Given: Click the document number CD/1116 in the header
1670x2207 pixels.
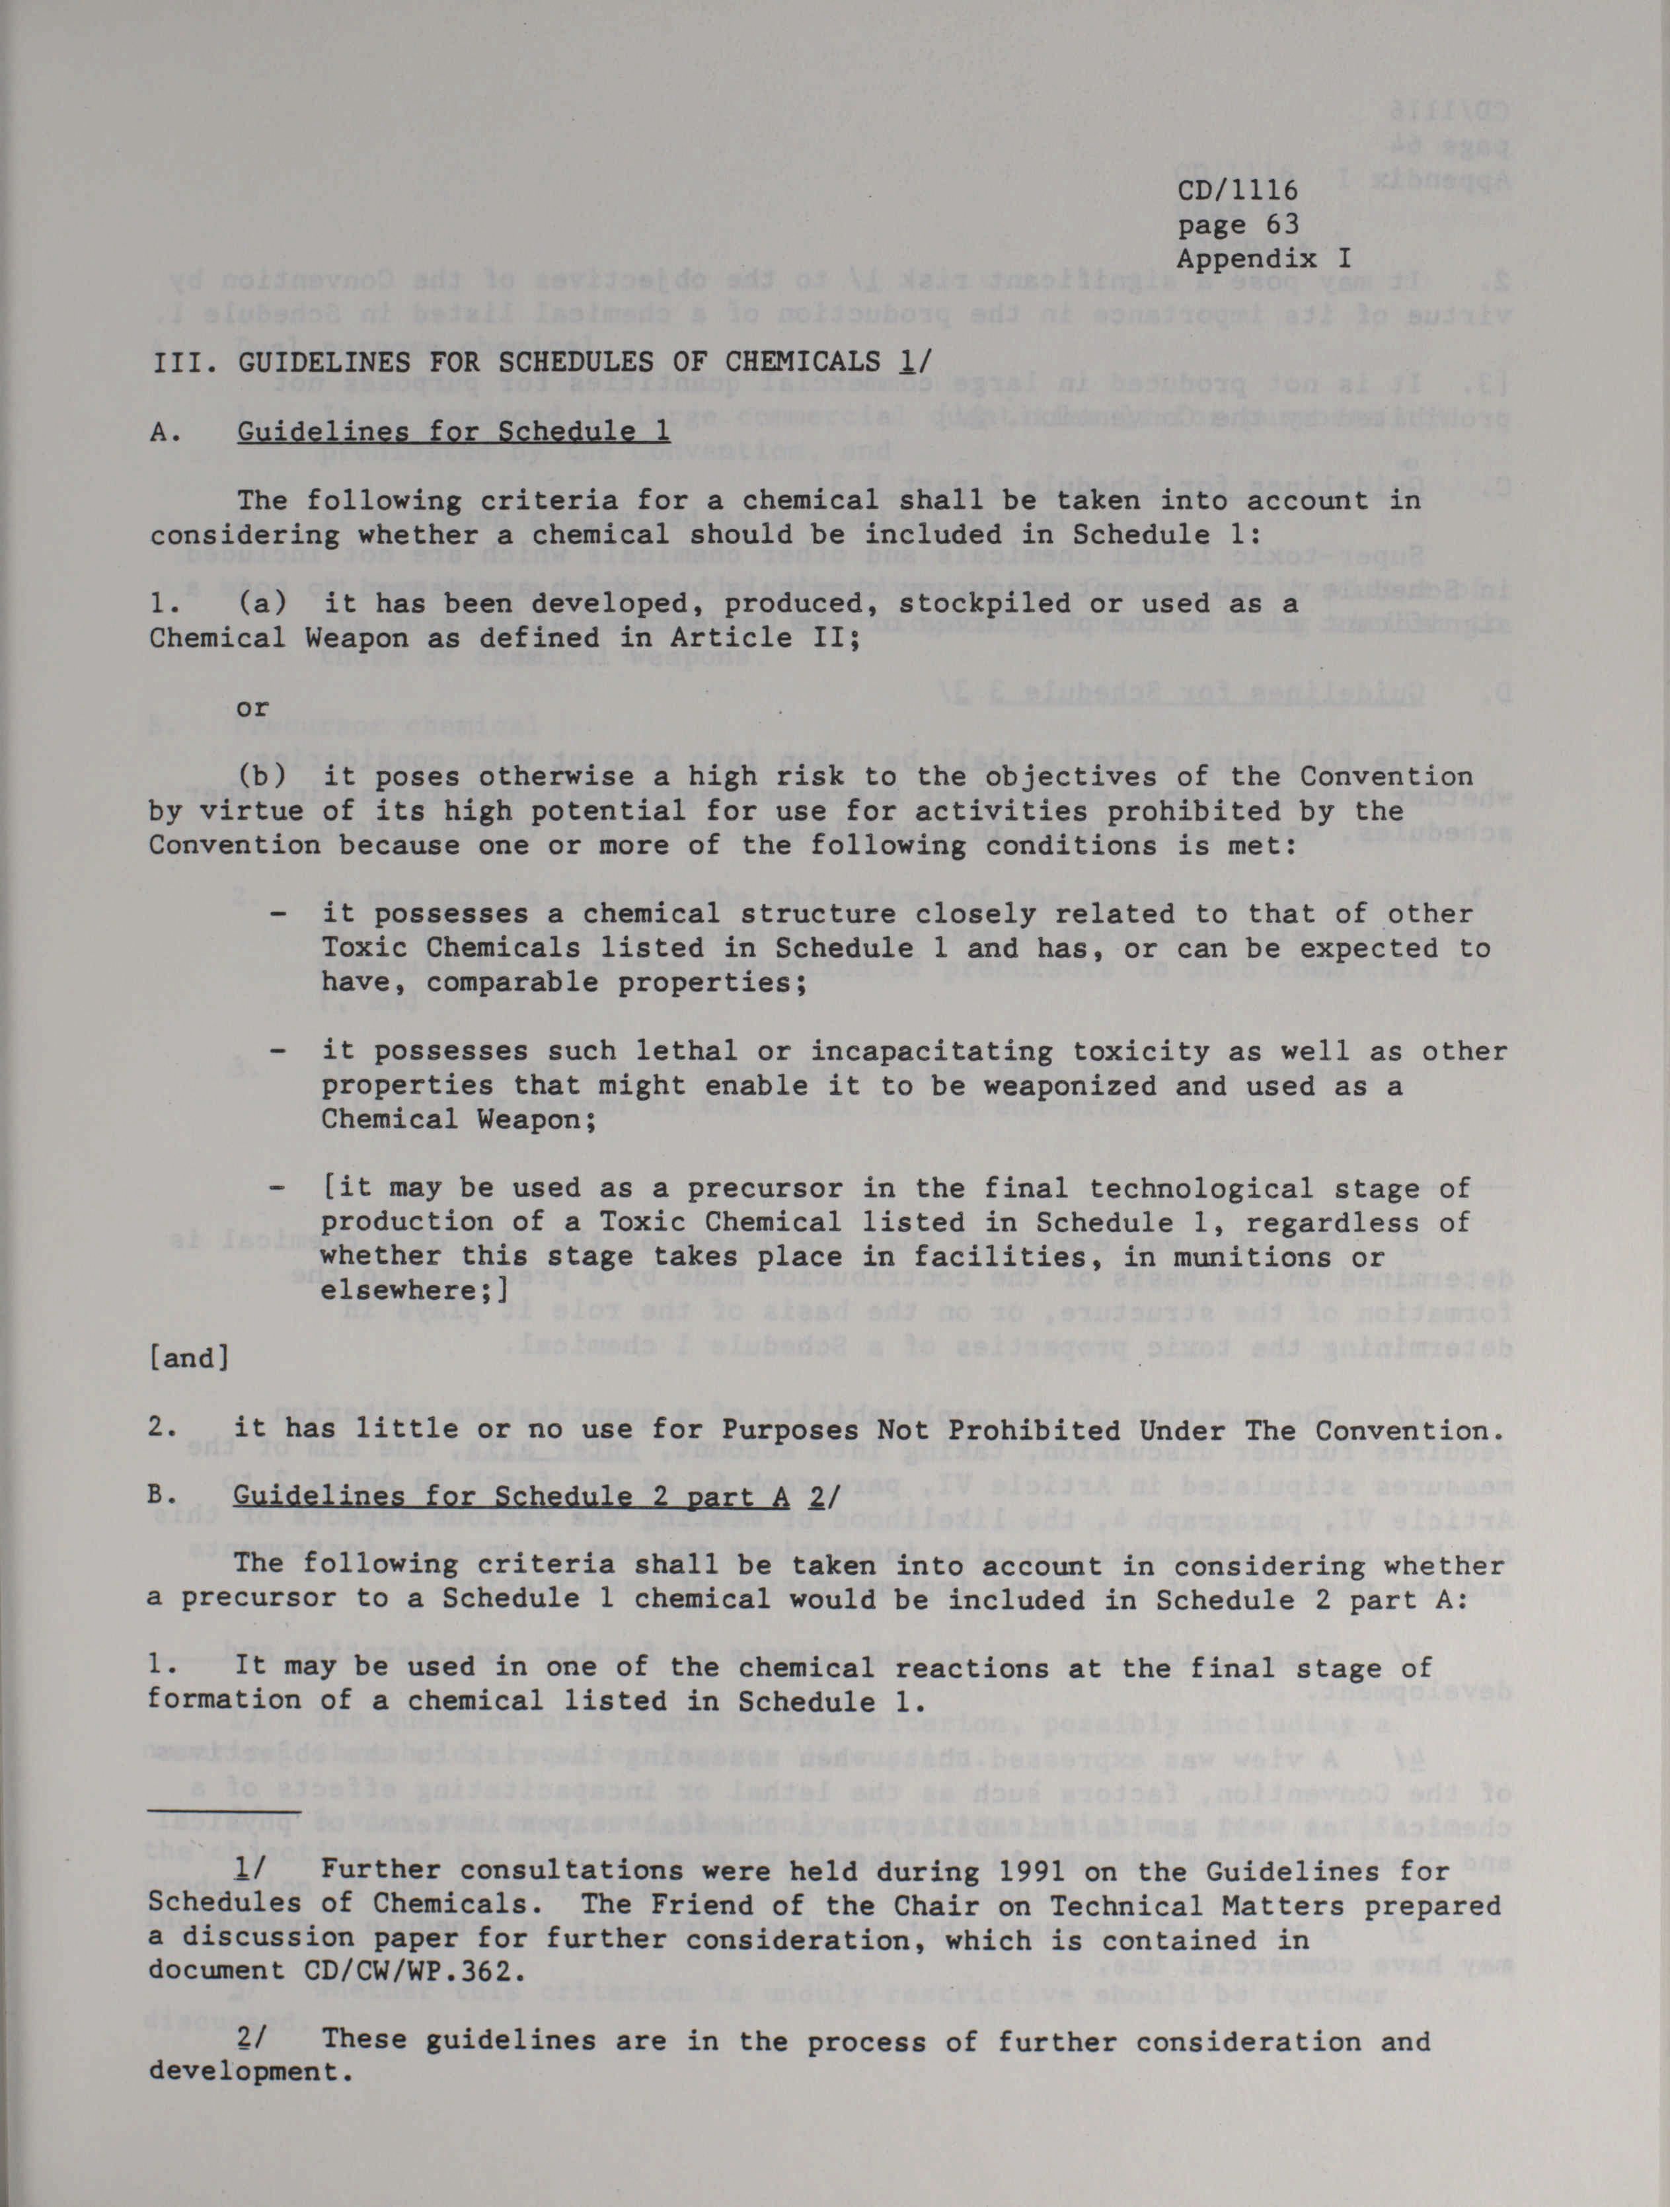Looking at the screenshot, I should pos(1237,190).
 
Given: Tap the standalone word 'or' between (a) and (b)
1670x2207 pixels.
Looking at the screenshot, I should pos(252,707).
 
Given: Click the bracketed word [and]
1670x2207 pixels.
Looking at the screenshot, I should pos(190,1359).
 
